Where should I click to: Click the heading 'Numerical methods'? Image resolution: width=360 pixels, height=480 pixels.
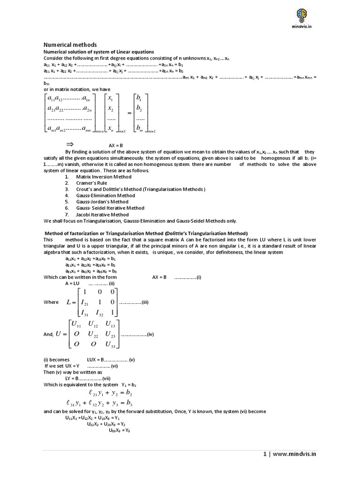[x=70, y=45]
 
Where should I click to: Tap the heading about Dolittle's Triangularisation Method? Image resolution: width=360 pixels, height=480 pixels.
[x=146, y=233]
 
